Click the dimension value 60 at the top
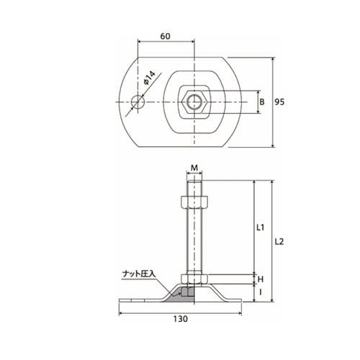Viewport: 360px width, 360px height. tap(166, 36)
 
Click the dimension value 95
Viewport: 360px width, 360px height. tap(279, 102)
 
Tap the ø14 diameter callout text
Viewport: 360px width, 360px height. tap(150, 78)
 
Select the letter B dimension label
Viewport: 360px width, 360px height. tap(262, 102)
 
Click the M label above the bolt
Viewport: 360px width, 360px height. tap(194, 168)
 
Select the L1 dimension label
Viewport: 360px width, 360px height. tap(261, 228)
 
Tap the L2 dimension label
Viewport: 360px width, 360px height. tap(279, 242)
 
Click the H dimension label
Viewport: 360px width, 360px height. tap(261, 279)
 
